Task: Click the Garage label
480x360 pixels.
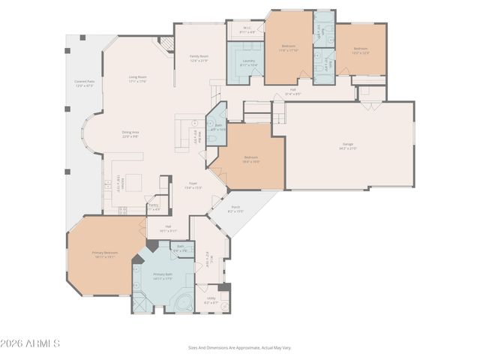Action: tap(348, 148)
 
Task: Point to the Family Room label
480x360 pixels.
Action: tap(199, 58)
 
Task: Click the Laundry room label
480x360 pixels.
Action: tap(248, 62)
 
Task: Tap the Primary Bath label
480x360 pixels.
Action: tap(163, 276)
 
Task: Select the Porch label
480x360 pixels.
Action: tap(235, 209)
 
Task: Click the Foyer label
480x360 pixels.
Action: tap(193, 184)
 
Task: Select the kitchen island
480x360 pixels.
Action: tap(133, 181)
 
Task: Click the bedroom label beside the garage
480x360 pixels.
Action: tap(250, 159)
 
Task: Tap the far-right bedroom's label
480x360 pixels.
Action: tap(361, 50)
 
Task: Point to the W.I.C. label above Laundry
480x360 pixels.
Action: tap(247, 31)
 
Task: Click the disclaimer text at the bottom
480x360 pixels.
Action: tap(239, 347)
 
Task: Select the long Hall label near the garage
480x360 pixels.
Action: tap(293, 92)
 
